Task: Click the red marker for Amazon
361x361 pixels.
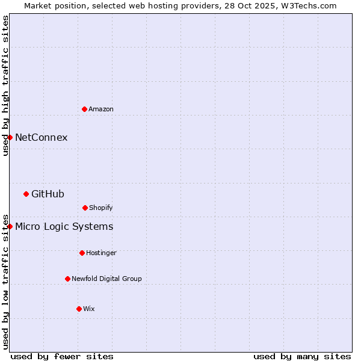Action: pos(84,109)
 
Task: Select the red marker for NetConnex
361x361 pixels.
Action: pos(10,137)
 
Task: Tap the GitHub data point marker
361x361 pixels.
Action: pos(26,194)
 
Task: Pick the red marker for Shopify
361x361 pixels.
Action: pos(85,208)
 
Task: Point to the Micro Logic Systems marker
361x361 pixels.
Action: pos(10,226)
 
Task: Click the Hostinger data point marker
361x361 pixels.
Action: pos(82,253)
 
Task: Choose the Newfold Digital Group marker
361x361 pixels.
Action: pos(67,279)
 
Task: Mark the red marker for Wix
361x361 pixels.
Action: pos(79,309)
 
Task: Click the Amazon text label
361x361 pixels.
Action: pos(101,109)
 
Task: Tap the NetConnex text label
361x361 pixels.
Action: pos(41,137)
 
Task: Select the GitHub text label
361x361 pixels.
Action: pos(48,194)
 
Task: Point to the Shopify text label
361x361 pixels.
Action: pos(101,208)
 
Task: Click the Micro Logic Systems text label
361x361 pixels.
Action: pos(64,226)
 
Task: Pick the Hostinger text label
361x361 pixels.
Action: pos(101,253)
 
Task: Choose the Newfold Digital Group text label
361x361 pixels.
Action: pos(106,279)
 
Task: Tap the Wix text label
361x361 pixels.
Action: pos(89,309)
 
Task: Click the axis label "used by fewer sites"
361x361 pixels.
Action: pos(62,356)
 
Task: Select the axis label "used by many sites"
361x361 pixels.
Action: pos(302,356)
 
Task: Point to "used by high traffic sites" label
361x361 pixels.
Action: pos(5,85)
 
